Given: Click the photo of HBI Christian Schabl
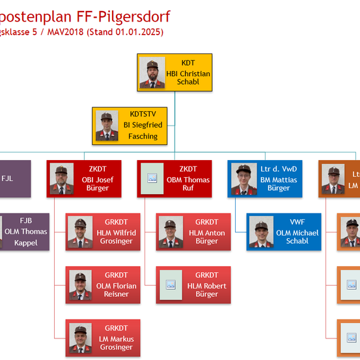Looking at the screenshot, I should tap(152, 73).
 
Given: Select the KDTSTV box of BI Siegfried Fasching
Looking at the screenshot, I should tap(130, 126).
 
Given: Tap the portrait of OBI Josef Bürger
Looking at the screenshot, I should tap(62, 179).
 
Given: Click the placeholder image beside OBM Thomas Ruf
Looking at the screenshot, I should tap(152, 178).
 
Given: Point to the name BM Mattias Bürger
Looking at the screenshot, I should tap(279, 184).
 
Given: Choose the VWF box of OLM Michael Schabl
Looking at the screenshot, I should tap(284, 232).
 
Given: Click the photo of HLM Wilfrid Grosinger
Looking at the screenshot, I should tap(79, 232).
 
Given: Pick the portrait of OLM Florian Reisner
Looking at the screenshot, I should tap(79, 285).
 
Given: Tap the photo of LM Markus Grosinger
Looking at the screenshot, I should tap(79, 339).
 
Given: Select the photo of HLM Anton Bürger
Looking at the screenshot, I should tap(170, 232).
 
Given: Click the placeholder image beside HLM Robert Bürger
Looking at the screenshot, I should tap(171, 285).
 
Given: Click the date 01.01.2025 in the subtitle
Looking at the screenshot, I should tap(139, 31).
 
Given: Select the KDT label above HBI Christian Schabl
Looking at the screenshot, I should tap(188, 63).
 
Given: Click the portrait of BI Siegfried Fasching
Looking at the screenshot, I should tap(107, 126).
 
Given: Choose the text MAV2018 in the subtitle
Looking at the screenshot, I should tap(64, 31).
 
